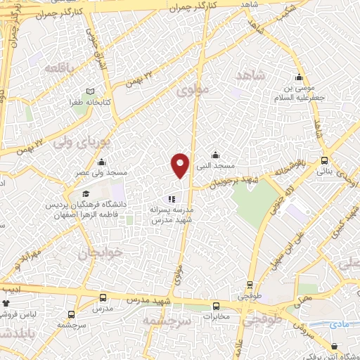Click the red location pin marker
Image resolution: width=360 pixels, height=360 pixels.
(181, 165)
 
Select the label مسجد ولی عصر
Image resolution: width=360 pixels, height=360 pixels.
(103, 172)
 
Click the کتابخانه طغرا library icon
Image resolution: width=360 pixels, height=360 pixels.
(89, 91)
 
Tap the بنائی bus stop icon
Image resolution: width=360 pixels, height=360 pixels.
(323, 160)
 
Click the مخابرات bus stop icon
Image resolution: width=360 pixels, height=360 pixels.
(217, 306)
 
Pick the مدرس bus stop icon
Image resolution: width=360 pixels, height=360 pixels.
(103, 297)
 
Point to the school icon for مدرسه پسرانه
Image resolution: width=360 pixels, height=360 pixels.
(172, 199)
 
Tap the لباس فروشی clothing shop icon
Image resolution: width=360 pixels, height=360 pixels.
(7, 303)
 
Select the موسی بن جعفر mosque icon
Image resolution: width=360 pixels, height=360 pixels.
(300, 78)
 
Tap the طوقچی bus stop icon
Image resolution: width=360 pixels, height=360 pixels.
(251, 285)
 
